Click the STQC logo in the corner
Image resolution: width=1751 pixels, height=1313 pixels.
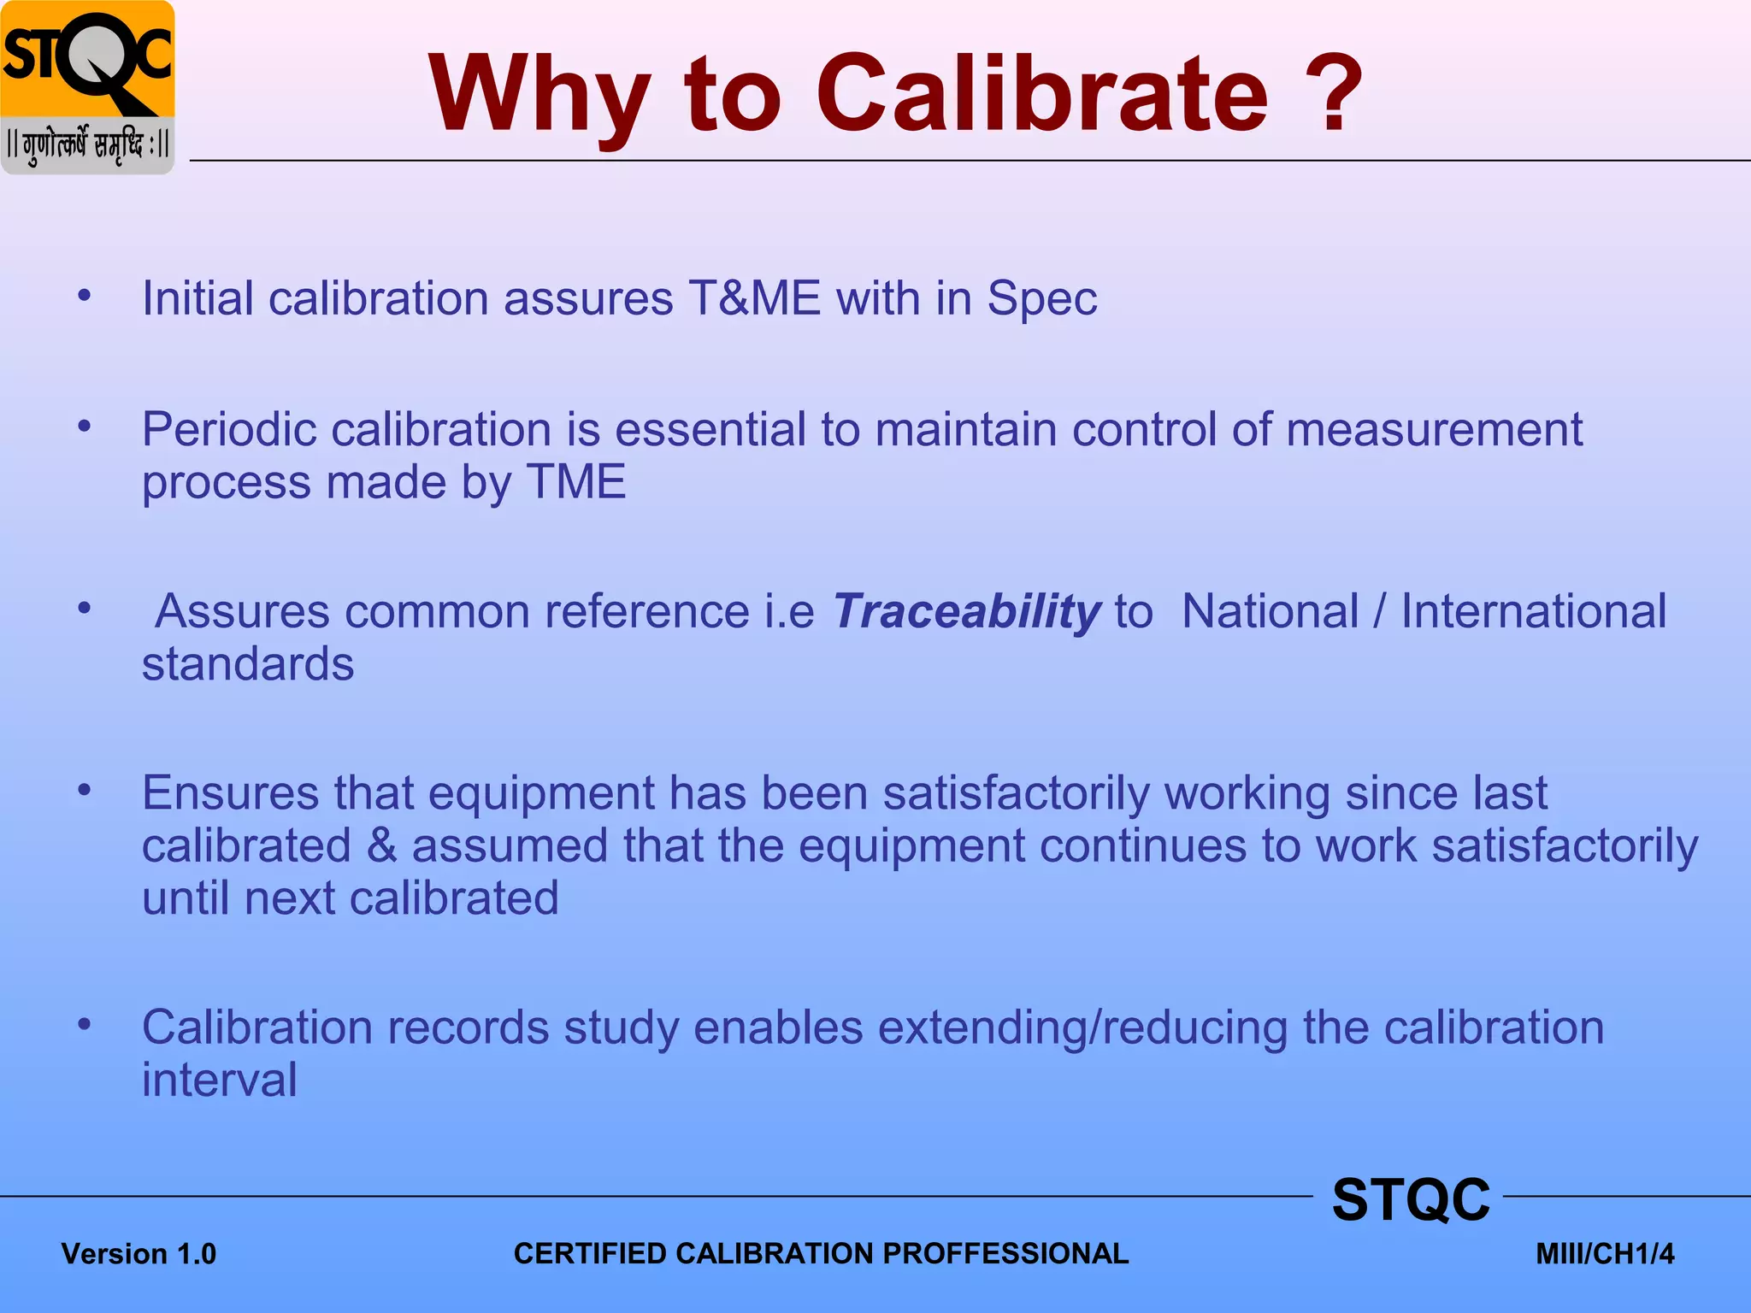(87, 87)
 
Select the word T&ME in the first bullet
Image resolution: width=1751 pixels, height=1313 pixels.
(754, 299)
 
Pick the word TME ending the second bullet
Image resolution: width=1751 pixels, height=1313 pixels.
(575, 482)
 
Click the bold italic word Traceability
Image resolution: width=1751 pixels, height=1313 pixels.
(966, 613)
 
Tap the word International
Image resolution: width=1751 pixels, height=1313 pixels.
(1533, 612)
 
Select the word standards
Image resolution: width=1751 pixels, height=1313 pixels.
(248, 665)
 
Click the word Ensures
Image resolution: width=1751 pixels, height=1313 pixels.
(230, 793)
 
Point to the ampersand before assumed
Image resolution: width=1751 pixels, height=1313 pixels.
(381, 846)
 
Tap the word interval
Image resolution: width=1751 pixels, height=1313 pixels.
(220, 1080)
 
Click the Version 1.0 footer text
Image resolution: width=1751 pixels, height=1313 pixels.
(139, 1254)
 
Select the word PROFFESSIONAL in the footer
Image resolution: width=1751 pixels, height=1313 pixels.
(1005, 1254)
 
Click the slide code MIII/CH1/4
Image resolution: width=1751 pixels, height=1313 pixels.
(1605, 1254)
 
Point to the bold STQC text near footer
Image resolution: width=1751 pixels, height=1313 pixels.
(1411, 1200)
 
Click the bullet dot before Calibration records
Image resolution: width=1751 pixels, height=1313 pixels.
(84, 1024)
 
